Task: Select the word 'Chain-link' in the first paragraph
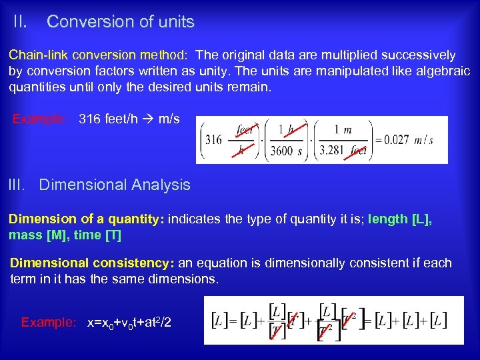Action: point(37,55)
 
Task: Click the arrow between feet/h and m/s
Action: point(147,119)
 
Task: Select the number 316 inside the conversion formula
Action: point(213,140)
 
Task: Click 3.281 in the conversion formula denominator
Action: point(331,151)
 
